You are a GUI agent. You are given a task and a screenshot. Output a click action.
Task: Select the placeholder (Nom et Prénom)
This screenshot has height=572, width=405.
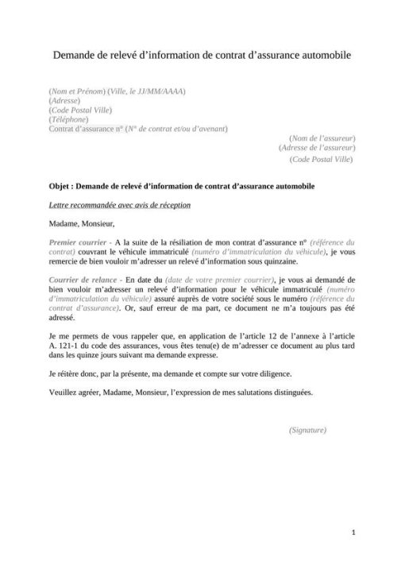point(76,91)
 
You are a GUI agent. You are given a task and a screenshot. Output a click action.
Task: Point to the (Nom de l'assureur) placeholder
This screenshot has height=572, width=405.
point(322,138)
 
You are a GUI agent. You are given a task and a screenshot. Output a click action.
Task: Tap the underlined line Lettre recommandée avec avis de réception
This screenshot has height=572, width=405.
point(119,205)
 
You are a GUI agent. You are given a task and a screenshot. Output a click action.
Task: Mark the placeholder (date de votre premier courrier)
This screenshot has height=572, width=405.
point(217,281)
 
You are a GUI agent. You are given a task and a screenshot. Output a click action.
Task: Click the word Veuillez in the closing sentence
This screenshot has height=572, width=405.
point(65,392)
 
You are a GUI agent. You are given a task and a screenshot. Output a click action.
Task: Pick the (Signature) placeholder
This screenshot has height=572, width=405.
point(308,430)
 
